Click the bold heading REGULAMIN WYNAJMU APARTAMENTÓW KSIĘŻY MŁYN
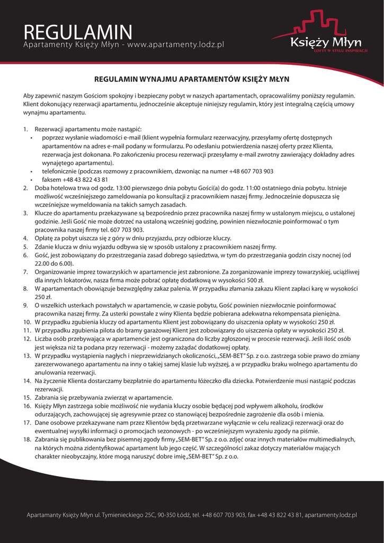[192, 80]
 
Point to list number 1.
[25, 129]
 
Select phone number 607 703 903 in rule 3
[127, 230]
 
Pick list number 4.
[25, 239]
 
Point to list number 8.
[25, 289]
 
